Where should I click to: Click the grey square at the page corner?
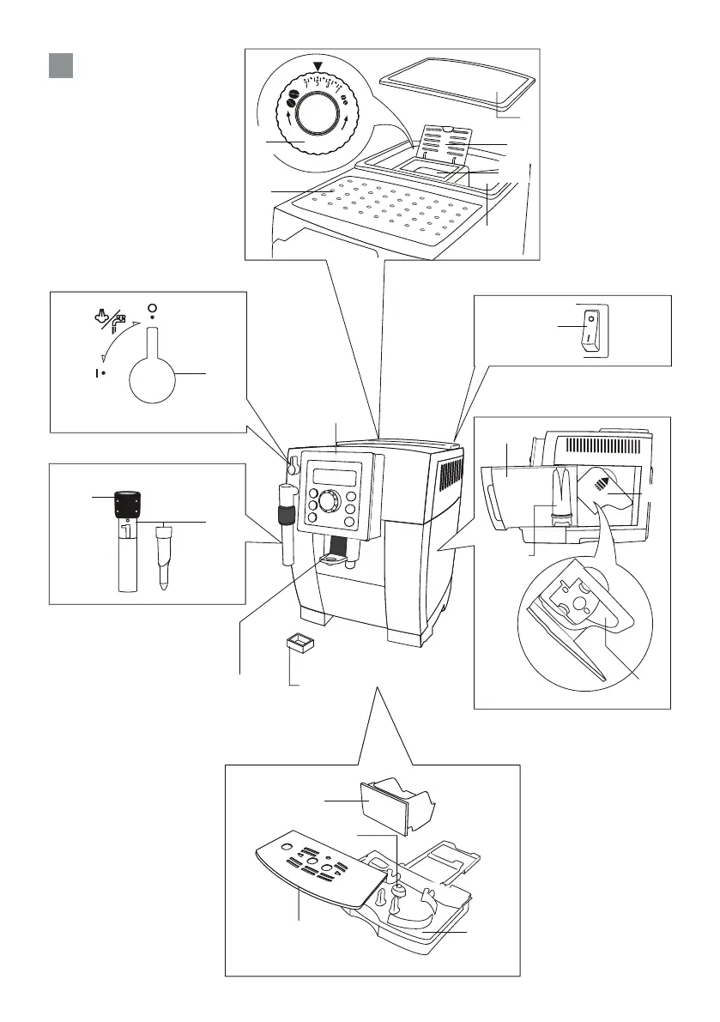(x=59, y=64)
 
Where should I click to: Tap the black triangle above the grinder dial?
(x=319, y=67)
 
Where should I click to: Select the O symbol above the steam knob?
(x=153, y=309)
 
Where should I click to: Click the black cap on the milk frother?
(x=127, y=502)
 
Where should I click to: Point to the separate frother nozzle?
(x=165, y=554)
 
